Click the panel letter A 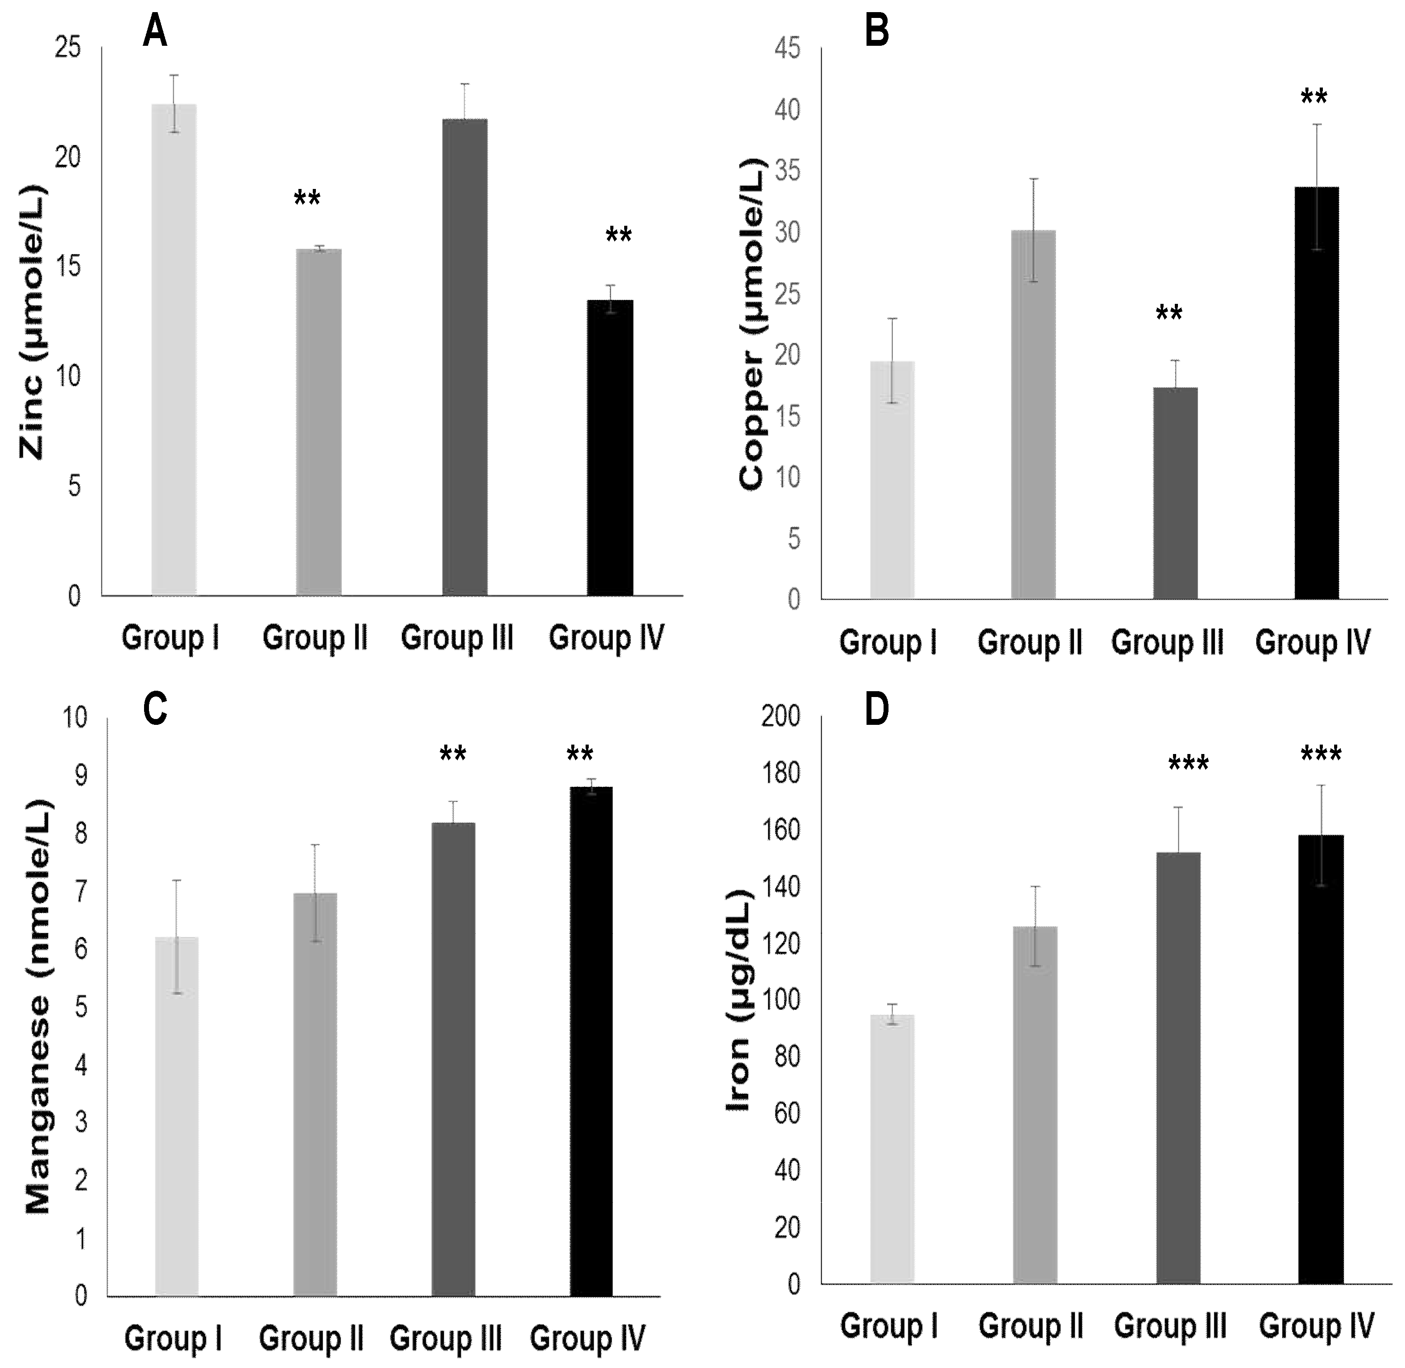click(x=155, y=32)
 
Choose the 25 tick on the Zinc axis click(x=68, y=48)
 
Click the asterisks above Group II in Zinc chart click(x=307, y=198)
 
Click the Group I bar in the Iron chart click(x=892, y=1149)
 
